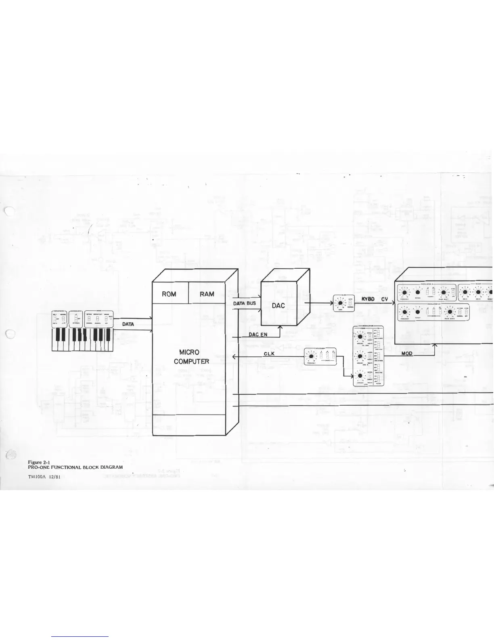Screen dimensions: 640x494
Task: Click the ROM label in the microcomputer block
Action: (169, 294)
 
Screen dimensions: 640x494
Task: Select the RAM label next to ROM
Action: (207, 294)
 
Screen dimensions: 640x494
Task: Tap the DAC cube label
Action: (278, 306)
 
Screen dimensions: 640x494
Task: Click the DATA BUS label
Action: (245, 303)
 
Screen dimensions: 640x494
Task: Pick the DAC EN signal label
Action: (257, 335)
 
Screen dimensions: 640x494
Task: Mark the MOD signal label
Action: (406, 354)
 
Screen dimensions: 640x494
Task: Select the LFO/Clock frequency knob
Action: (311, 356)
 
